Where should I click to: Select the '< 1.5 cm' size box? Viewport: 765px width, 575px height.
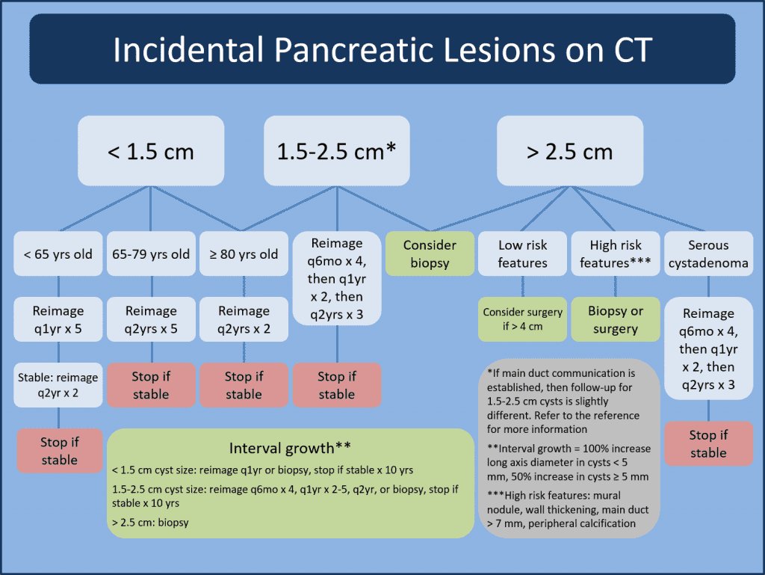pos(151,152)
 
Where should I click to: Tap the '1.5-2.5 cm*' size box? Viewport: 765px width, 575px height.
pos(336,152)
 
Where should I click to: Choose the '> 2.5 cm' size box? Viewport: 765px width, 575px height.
pos(570,152)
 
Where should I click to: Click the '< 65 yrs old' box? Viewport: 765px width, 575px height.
pos(58,254)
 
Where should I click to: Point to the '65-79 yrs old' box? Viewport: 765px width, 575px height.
pos(151,254)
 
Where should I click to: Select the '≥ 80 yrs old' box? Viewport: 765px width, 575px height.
pos(244,254)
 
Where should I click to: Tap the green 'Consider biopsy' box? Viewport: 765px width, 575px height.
pos(430,254)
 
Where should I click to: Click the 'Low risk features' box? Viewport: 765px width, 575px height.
pos(522,254)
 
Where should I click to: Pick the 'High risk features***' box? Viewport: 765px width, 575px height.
pos(615,254)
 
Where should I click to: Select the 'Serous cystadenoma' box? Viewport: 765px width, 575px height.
pos(708,254)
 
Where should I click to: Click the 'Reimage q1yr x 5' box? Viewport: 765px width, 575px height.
pos(58,319)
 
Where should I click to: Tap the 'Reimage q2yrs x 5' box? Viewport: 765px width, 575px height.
pos(151,319)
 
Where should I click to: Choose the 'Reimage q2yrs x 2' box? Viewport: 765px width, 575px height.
pos(244,319)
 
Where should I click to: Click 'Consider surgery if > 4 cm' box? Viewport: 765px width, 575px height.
pos(522,319)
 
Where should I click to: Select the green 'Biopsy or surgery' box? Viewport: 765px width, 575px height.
pos(615,319)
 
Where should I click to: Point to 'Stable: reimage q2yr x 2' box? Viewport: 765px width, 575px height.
pos(58,385)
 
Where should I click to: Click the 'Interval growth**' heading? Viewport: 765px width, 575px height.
pos(290,449)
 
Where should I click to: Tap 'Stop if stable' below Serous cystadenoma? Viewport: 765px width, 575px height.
pos(708,443)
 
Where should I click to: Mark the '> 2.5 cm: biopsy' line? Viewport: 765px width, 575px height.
pos(150,522)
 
